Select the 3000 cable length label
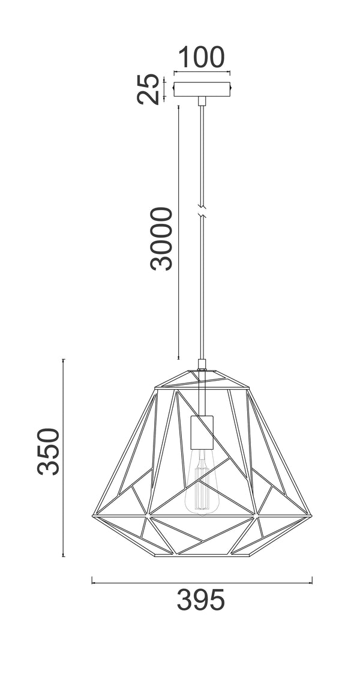(161, 238)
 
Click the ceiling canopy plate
(202, 90)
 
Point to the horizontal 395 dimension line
(202, 581)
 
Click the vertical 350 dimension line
(64, 456)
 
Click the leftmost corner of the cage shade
(92, 515)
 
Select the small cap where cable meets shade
(202, 364)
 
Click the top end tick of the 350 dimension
(64, 360)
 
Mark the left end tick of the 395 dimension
(92, 581)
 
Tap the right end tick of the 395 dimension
(312, 581)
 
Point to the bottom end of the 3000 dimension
(179, 358)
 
